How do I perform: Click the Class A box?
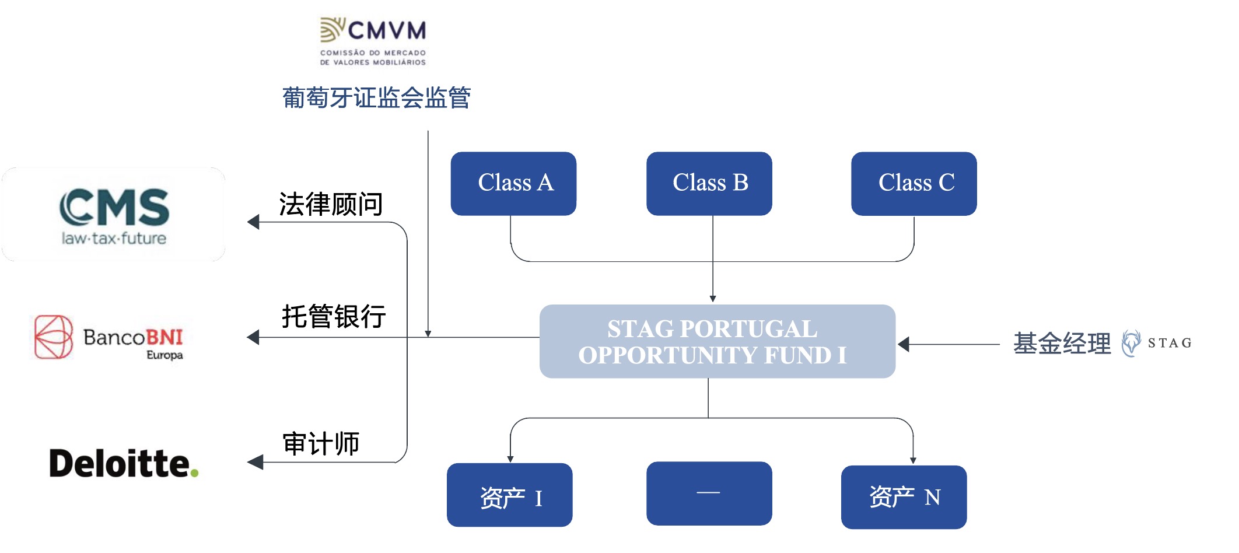pyautogui.click(x=513, y=183)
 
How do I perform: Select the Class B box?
pyautogui.click(x=709, y=183)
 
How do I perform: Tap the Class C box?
pyautogui.click(x=914, y=183)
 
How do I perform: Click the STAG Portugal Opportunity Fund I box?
pyautogui.click(x=717, y=341)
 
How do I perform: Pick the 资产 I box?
pyautogui.click(x=509, y=495)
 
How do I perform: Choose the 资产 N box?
pyautogui.click(x=904, y=497)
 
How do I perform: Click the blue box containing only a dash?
pyautogui.click(x=709, y=493)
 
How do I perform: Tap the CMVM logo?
pyautogui.click(x=373, y=41)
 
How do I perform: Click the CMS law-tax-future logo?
pyautogui.click(x=114, y=215)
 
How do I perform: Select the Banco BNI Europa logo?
pyautogui.click(x=109, y=338)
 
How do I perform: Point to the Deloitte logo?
pyautogui.click(x=124, y=464)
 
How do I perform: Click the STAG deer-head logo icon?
pyautogui.click(x=1131, y=342)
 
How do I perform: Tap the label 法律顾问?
pyautogui.click(x=331, y=204)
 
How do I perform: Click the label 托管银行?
pyautogui.click(x=334, y=316)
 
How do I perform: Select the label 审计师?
pyautogui.click(x=321, y=443)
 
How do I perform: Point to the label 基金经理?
pyautogui.click(x=1062, y=343)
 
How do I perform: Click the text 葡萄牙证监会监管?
pyautogui.click(x=376, y=97)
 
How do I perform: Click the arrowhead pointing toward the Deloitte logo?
pyautogui.click(x=255, y=463)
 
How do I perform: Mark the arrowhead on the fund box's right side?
pyautogui.click(x=904, y=344)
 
